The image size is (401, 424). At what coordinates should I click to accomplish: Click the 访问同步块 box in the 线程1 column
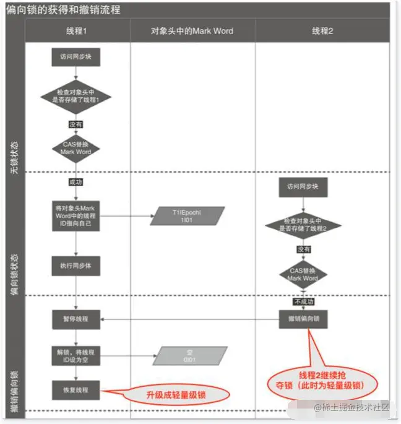(x=76, y=57)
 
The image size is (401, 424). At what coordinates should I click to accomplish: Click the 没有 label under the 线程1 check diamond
(x=75, y=124)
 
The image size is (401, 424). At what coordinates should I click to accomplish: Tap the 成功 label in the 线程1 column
(x=75, y=183)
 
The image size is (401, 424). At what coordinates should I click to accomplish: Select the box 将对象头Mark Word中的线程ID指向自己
(x=76, y=215)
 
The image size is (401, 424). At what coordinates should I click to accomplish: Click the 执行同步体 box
(x=76, y=266)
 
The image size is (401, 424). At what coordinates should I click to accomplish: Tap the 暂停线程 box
(x=76, y=319)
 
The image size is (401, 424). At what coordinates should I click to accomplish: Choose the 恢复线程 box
(x=76, y=390)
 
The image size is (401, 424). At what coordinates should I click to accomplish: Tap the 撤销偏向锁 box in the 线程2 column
(x=303, y=319)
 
